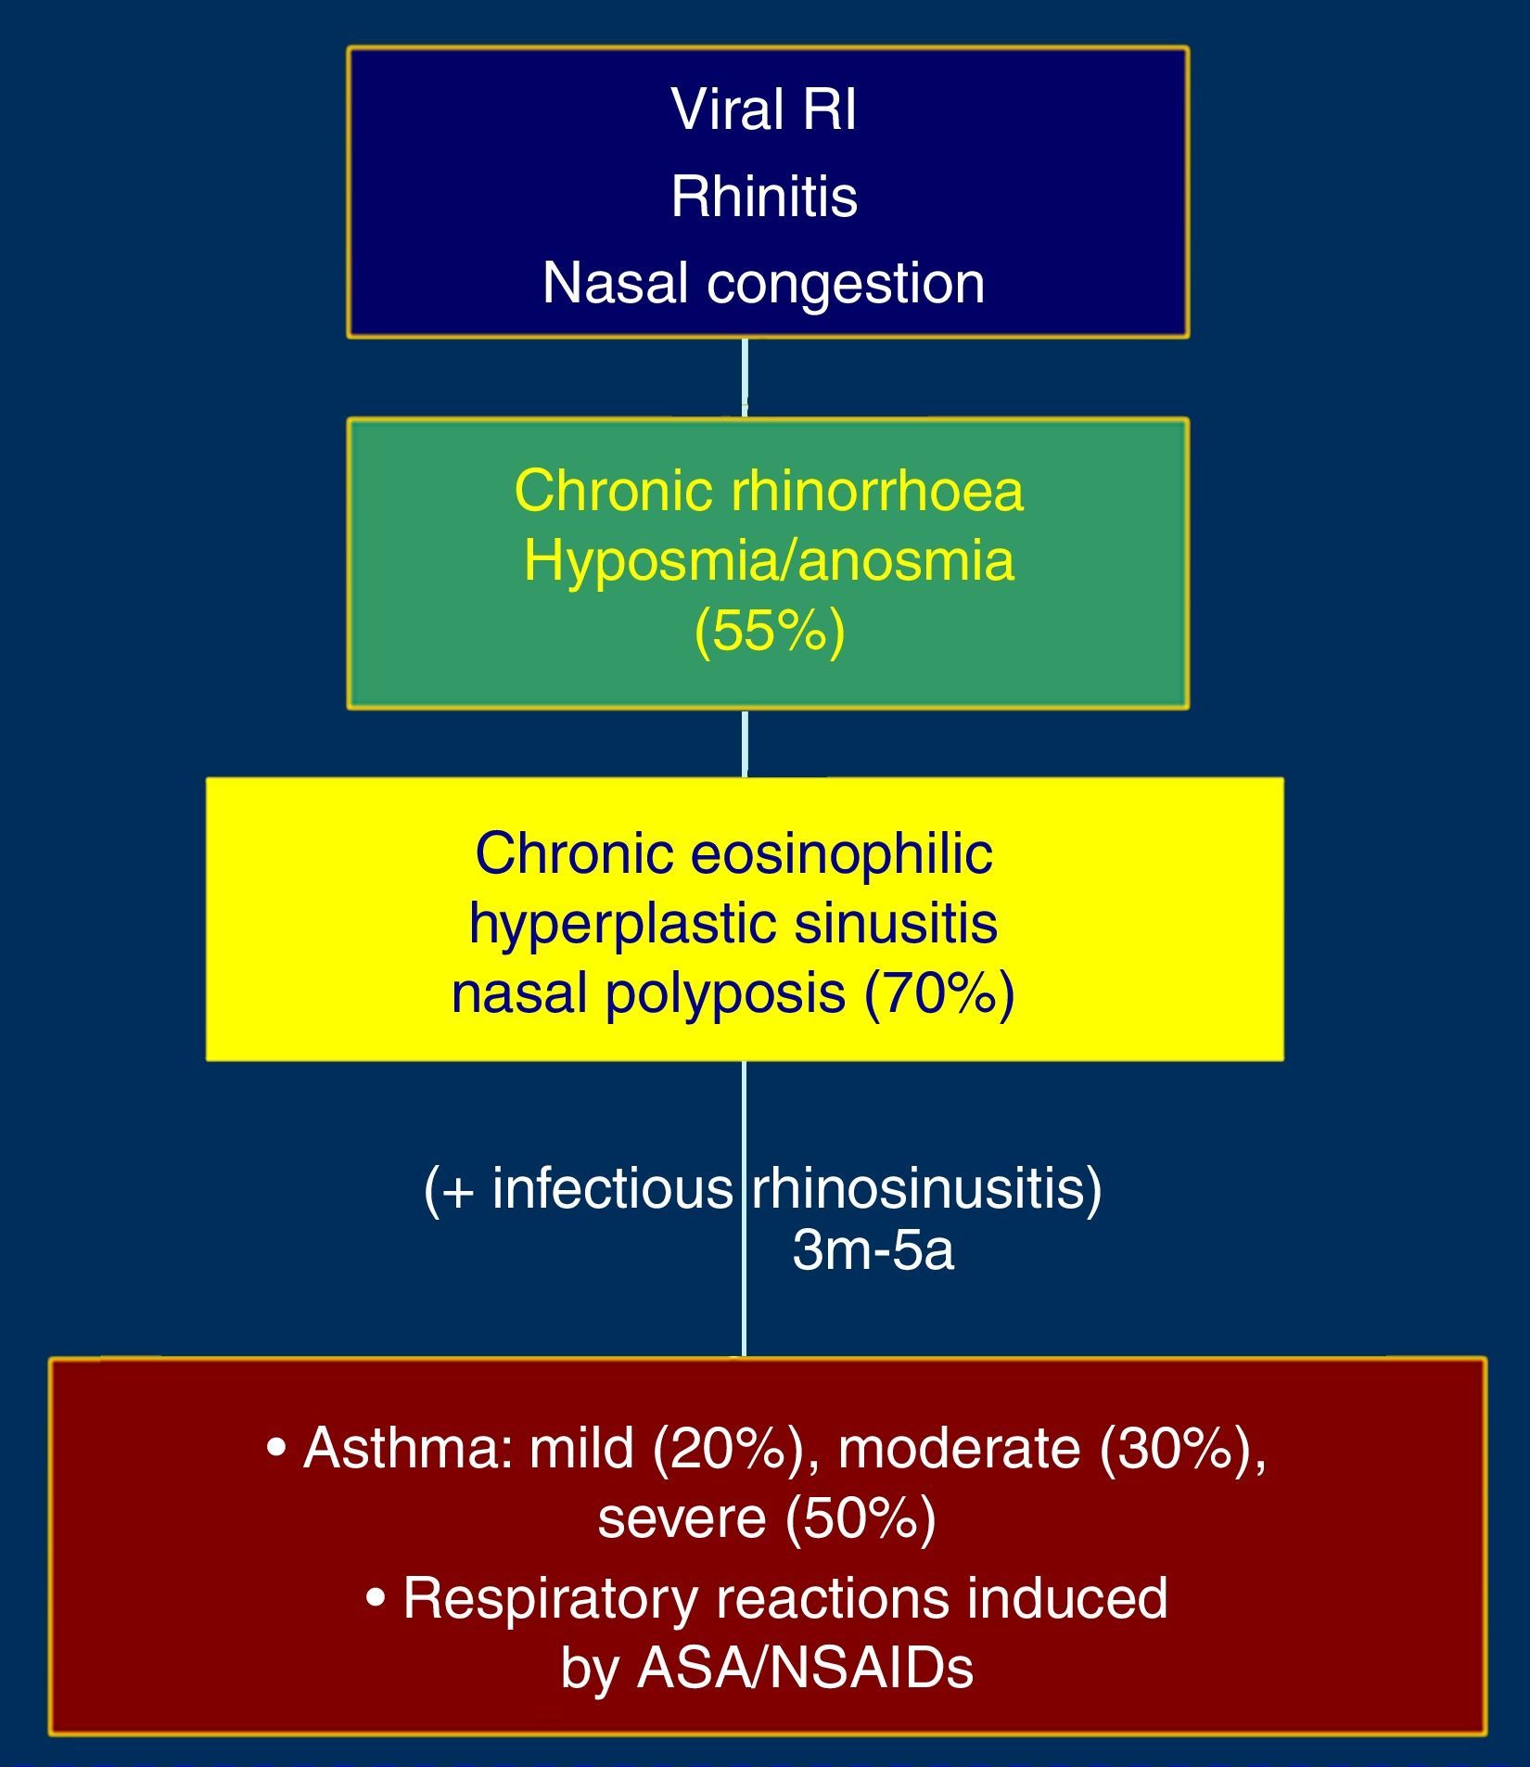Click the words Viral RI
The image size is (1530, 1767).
point(763,109)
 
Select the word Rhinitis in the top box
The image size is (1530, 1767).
point(764,197)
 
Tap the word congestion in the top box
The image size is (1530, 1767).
point(845,283)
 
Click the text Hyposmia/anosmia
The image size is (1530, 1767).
point(769,560)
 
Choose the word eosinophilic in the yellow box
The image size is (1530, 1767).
point(842,852)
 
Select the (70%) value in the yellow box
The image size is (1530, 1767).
point(939,992)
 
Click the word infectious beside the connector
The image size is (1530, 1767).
point(612,1187)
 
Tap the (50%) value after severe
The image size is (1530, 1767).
point(861,1518)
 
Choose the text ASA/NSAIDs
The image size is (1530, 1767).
point(805,1668)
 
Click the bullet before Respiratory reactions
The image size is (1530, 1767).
point(376,1599)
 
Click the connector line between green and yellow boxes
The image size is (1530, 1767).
point(745,743)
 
